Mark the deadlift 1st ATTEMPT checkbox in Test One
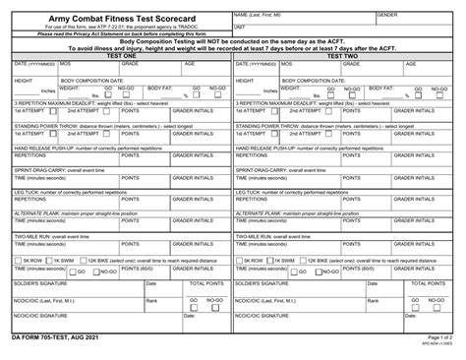[46, 111]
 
